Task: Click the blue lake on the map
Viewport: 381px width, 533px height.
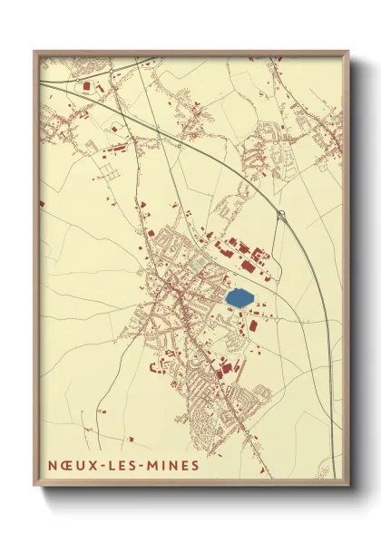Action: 239,296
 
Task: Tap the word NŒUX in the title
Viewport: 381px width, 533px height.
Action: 67,464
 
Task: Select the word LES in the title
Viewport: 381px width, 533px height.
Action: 120,464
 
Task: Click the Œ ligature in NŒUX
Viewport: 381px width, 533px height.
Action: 63,464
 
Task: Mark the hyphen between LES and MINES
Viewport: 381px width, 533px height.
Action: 142,464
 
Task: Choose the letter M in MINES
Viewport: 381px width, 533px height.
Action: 152,464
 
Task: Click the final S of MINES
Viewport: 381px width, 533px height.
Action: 196,464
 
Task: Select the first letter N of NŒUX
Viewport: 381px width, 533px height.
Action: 49,464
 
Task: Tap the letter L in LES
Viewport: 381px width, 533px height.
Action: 108,464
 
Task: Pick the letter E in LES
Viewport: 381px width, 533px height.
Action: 120,464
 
